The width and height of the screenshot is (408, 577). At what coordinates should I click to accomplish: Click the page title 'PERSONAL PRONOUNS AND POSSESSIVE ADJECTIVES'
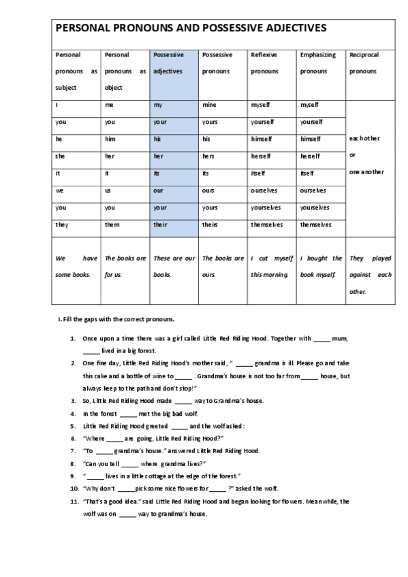pos(190,29)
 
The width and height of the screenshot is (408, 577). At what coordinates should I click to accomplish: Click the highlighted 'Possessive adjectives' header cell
pos(173,71)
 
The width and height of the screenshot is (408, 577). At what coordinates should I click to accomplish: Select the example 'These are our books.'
pos(173,267)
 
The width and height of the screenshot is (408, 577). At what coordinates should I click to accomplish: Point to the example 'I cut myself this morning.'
pos(272,267)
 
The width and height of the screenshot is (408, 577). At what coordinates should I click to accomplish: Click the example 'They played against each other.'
pos(370,275)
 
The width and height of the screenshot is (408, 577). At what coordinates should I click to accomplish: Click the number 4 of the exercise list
pos(73,413)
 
